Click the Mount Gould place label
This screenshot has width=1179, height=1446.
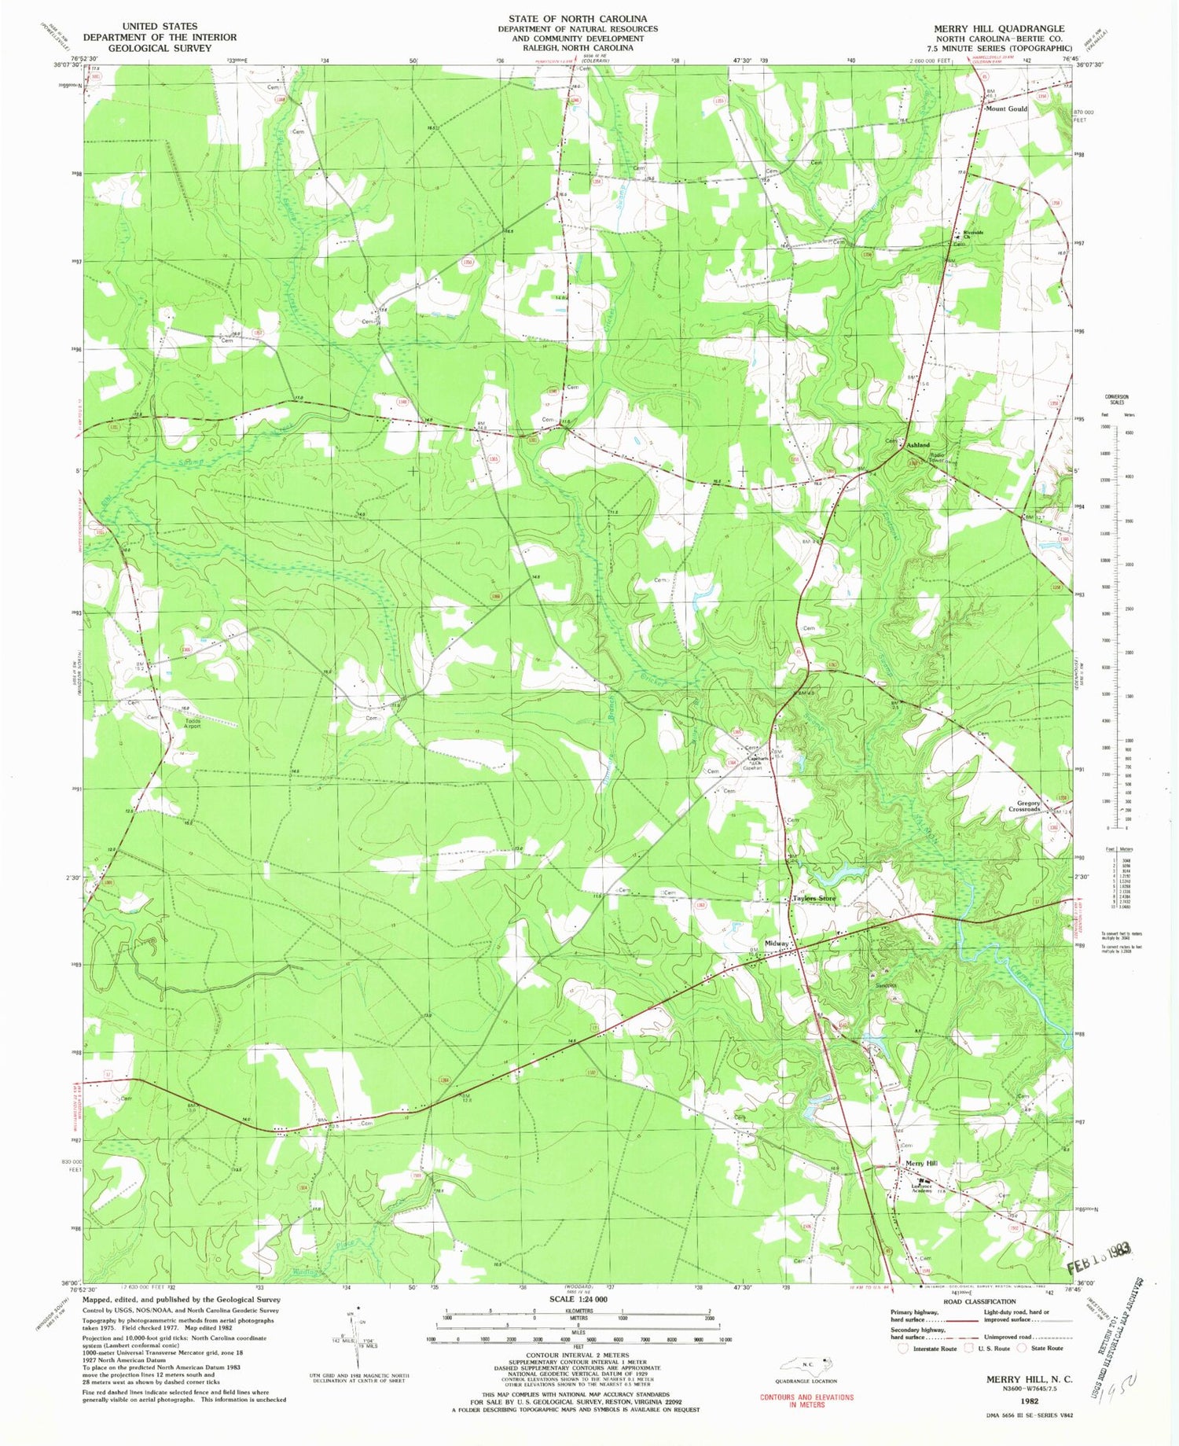1006,109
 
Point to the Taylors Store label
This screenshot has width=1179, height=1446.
814,898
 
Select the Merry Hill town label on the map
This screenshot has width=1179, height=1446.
921,1164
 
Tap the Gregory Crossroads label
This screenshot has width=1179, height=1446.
1024,806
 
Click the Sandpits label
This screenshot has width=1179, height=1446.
886,984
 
